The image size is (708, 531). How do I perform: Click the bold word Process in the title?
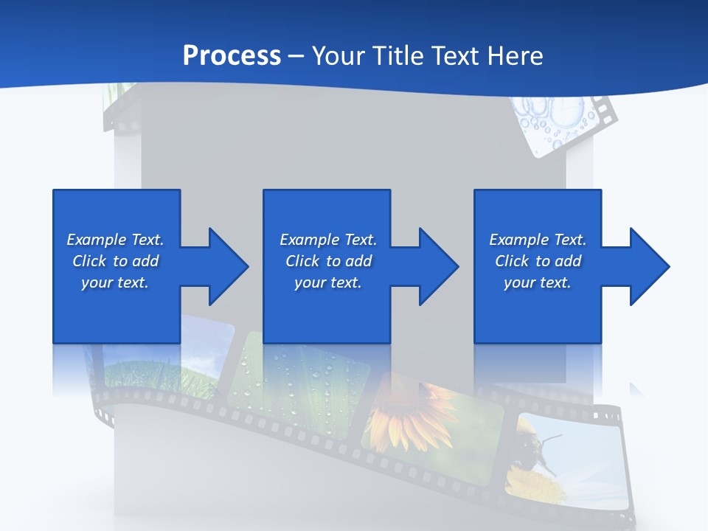click(x=232, y=56)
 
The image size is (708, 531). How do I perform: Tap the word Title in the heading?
click(x=397, y=56)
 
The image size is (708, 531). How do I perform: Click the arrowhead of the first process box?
click(x=229, y=266)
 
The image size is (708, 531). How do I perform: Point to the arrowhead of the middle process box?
click(x=439, y=266)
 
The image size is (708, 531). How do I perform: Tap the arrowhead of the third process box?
click(x=650, y=266)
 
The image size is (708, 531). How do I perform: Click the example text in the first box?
click(x=115, y=261)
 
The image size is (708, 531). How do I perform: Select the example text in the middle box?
click(x=328, y=261)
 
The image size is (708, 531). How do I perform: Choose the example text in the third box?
click(x=538, y=261)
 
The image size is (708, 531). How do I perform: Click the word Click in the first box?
click(x=89, y=261)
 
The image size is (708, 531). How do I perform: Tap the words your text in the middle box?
click(x=328, y=282)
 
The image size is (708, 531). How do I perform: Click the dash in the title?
click(x=296, y=56)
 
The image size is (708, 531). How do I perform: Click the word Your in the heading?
click(x=338, y=56)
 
